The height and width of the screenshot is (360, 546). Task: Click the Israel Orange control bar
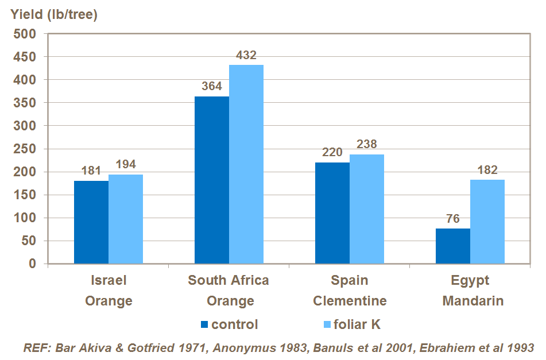[91, 222]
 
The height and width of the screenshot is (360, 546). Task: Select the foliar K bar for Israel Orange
[126, 219]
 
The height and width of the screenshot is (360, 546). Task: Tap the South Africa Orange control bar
[212, 180]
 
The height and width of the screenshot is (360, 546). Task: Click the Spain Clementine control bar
[332, 213]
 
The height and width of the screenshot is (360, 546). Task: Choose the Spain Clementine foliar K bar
[367, 209]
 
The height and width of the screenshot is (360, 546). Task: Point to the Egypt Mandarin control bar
[453, 246]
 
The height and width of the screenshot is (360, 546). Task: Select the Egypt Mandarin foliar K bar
[487, 222]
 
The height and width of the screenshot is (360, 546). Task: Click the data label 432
[246, 56]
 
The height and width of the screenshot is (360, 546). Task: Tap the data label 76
[453, 219]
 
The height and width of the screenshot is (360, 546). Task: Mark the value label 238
[367, 145]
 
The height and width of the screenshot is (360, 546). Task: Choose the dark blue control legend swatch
[204, 324]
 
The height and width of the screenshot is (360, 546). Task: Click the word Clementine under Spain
[350, 301]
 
